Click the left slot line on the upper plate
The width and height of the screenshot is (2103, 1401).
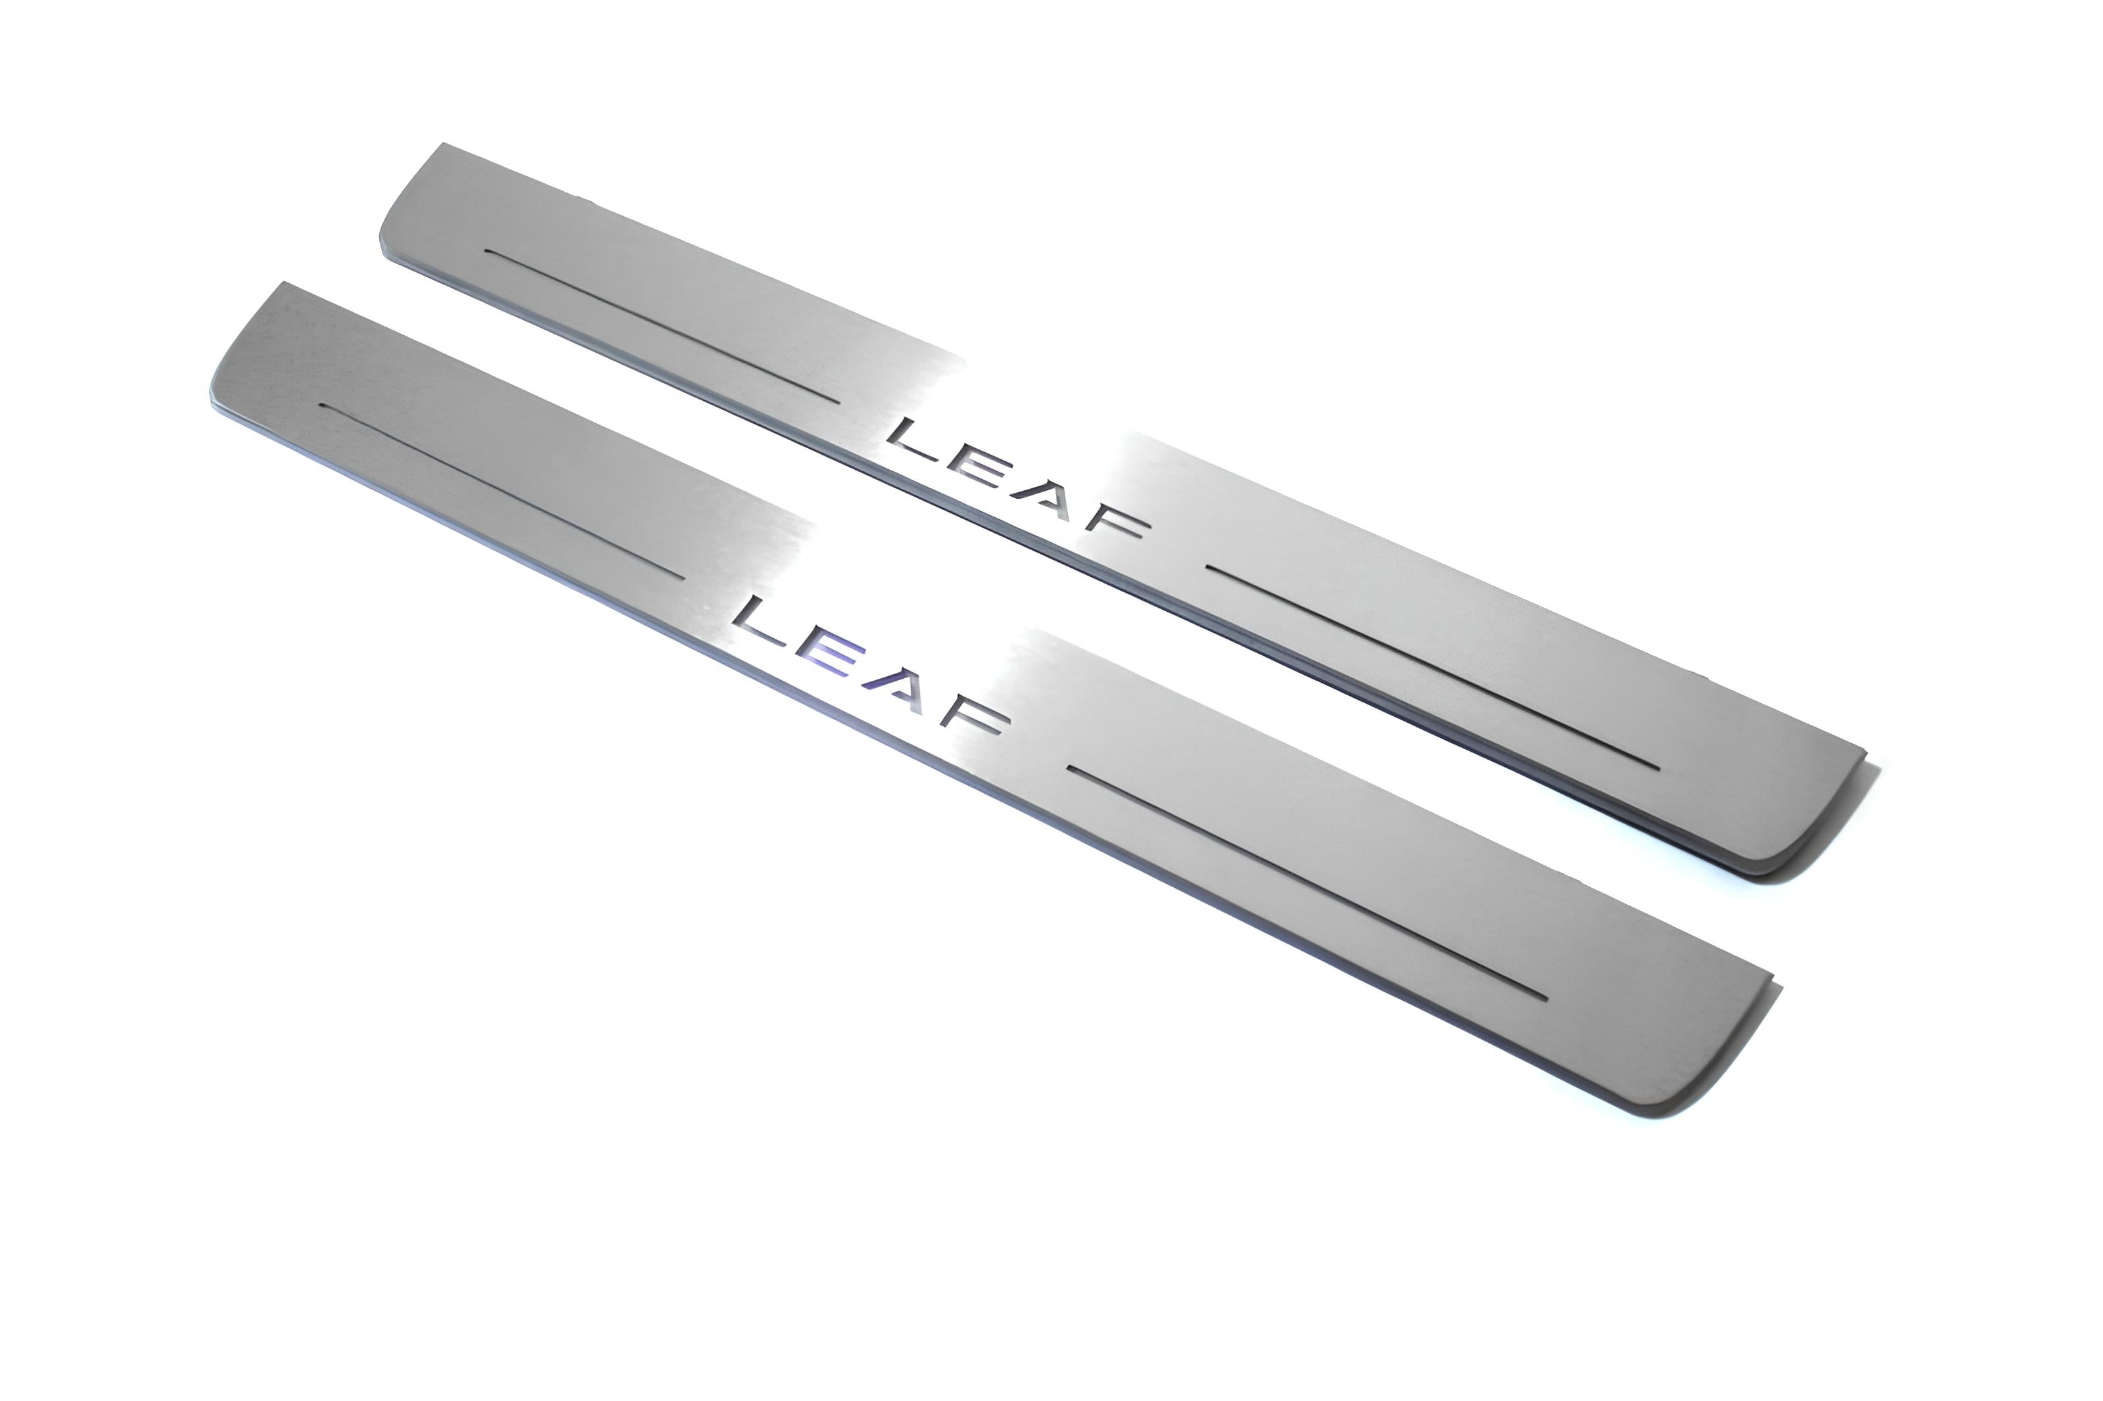(x=661, y=325)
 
